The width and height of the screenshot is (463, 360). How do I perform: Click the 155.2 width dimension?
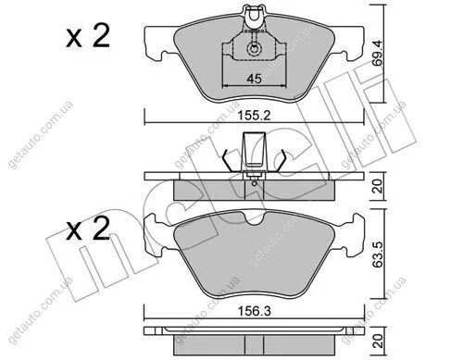254,116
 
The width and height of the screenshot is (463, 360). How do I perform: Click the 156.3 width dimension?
254,311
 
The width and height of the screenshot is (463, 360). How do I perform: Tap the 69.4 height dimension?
377,53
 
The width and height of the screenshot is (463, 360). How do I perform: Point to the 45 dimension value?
254,79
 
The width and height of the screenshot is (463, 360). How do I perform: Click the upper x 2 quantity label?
88,36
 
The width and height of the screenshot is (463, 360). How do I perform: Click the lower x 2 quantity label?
88,229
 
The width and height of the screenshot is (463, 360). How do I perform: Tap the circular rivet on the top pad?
254,49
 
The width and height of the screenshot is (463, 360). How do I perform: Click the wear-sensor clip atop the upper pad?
254,15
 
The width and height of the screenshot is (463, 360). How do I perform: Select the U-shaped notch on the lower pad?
254,219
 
